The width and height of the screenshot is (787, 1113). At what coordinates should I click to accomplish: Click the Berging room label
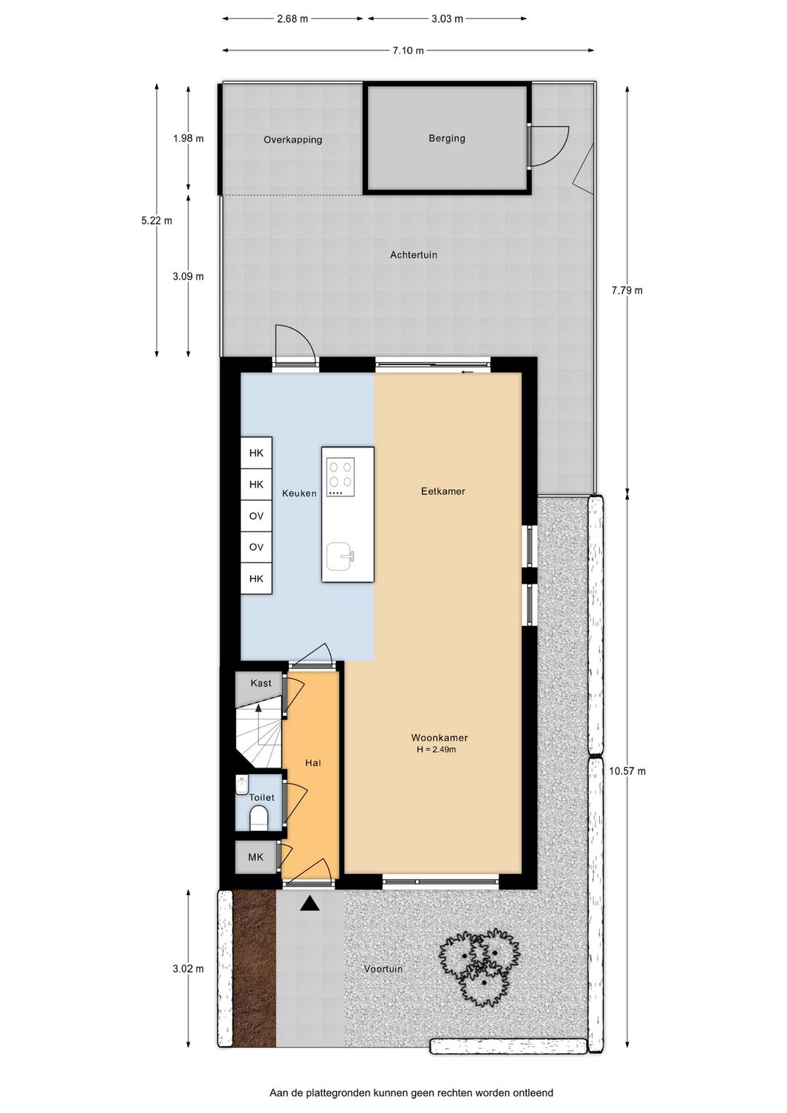447,138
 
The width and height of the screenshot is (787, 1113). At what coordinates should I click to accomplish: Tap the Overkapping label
293,140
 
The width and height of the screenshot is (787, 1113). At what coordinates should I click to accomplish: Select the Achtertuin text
413,255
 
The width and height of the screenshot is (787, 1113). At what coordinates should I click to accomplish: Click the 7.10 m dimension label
408,50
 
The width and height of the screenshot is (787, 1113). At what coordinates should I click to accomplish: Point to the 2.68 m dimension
292,19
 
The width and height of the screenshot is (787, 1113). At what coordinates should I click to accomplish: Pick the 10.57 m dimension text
627,771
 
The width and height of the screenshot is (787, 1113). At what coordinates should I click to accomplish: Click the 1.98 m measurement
188,138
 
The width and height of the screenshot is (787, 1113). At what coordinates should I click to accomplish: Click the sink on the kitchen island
340,555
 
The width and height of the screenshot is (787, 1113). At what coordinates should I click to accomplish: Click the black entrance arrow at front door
310,903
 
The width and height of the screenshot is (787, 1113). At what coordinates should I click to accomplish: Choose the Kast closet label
261,683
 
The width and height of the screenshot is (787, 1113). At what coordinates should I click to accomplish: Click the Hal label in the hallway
313,762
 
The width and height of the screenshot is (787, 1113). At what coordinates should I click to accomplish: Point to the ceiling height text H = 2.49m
436,749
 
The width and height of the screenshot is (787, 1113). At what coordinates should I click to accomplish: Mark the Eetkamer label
443,491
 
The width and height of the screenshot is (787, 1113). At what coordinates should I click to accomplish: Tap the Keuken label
299,493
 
